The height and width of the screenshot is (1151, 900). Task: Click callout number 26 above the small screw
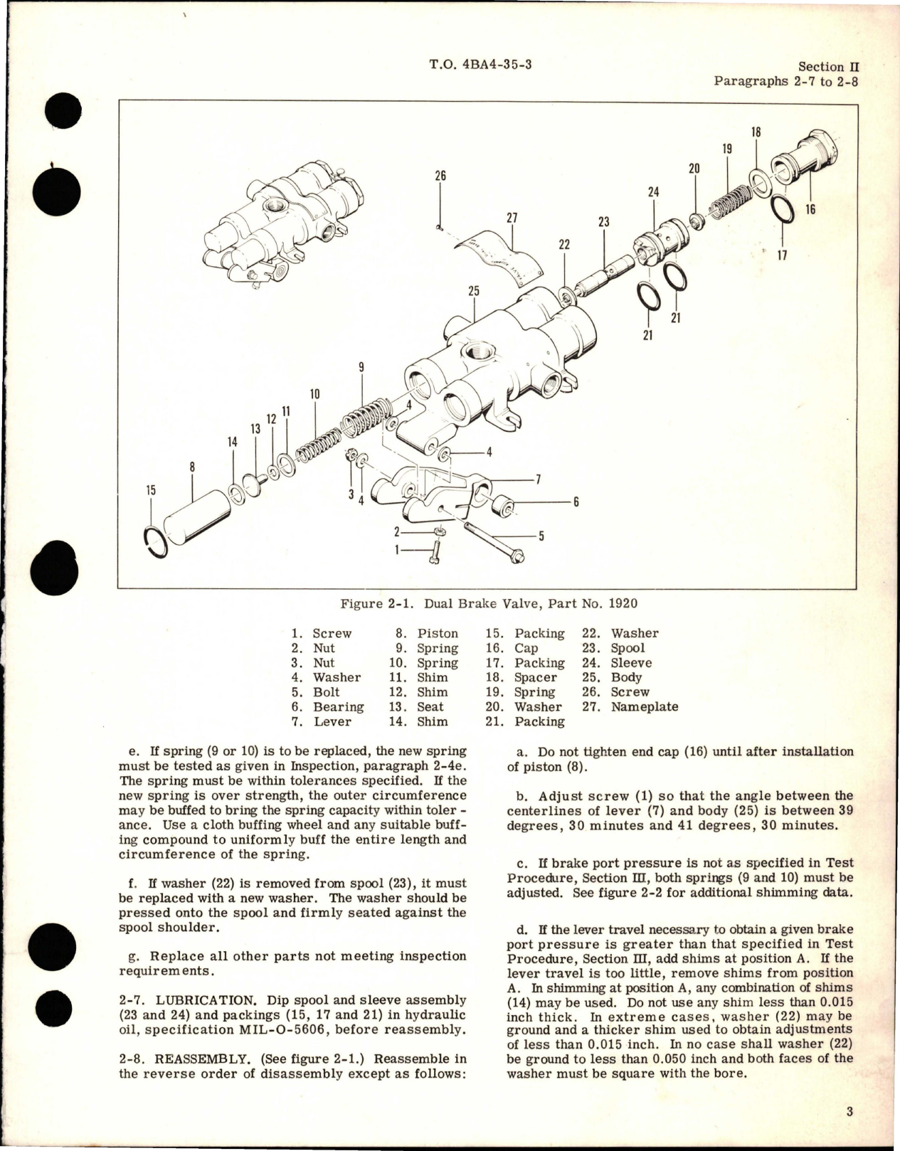click(440, 176)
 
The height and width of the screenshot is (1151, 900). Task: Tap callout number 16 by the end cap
click(810, 209)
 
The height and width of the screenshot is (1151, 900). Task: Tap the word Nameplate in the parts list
click(644, 707)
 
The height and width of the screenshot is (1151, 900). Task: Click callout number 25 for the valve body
click(474, 291)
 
